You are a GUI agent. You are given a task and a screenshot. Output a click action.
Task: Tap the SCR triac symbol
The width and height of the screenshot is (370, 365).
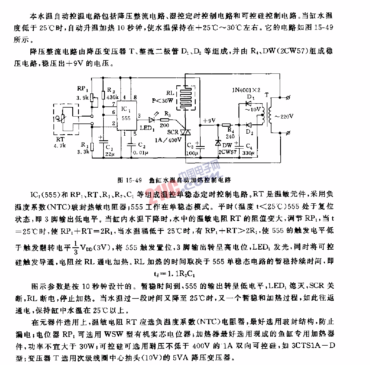(x=185, y=132)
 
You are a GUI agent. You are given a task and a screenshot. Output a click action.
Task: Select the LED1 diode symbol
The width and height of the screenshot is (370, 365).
(x=152, y=119)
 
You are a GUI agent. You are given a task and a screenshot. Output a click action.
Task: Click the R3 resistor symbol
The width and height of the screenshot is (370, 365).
(x=165, y=119)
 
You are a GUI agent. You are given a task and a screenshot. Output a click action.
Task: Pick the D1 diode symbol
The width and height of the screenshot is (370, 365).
(x=248, y=103)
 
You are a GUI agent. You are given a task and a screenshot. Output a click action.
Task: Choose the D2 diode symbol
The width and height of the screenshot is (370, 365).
(x=248, y=125)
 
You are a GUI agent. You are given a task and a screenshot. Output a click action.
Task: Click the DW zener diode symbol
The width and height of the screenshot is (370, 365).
(x=218, y=143)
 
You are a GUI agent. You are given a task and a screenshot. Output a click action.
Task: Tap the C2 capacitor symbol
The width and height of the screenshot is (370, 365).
(x=132, y=145)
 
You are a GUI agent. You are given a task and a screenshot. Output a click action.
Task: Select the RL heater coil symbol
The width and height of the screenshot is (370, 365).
(x=186, y=97)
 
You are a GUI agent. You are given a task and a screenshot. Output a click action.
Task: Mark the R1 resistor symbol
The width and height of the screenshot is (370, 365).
(x=92, y=147)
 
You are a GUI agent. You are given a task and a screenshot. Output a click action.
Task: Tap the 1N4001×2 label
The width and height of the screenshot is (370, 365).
(x=246, y=90)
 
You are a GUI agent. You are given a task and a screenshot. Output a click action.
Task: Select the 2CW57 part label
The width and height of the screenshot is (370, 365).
(x=227, y=152)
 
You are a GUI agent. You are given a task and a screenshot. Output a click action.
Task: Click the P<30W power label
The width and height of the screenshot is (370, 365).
(x=162, y=101)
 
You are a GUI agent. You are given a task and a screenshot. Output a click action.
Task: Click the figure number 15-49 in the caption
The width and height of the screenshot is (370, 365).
(x=134, y=180)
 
